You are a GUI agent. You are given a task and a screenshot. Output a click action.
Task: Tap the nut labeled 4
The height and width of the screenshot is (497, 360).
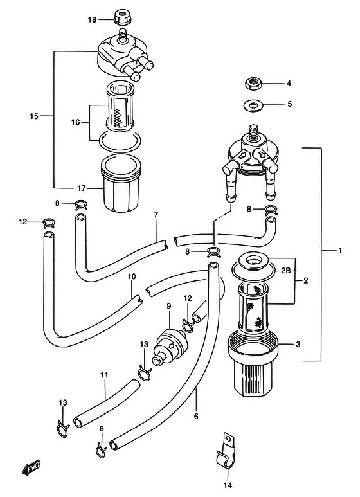tap(253, 84)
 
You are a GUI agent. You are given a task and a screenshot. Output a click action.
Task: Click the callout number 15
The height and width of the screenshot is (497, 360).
tap(34, 116)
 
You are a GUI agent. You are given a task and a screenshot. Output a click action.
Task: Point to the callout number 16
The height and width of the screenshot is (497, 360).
tap(75, 122)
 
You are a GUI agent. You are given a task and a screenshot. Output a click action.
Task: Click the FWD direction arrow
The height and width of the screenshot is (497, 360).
tap(31, 467)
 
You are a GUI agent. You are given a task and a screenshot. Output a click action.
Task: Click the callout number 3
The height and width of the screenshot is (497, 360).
tap(298, 344)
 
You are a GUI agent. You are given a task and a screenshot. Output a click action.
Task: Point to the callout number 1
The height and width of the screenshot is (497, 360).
tap(339, 250)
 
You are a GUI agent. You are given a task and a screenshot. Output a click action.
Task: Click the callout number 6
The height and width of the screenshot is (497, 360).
tap(196, 416)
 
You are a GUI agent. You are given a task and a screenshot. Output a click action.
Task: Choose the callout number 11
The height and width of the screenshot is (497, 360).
tap(104, 375)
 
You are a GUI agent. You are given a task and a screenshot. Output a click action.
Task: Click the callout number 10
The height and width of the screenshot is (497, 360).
tap(132, 276)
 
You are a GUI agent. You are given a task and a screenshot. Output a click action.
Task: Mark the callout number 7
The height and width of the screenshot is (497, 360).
tap(156, 215)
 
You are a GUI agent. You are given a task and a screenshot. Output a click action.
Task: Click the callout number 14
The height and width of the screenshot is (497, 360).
tap(228, 485)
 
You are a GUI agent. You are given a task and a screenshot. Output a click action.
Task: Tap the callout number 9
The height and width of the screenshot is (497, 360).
tap(169, 306)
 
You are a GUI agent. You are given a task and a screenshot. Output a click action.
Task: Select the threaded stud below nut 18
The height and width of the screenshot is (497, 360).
tap(123, 35)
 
